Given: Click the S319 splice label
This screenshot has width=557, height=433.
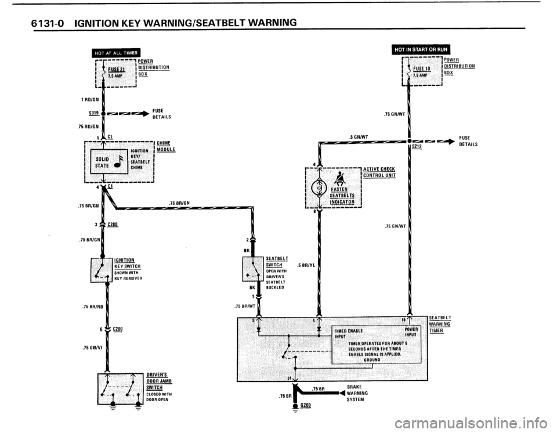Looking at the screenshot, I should click(x=90, y=113).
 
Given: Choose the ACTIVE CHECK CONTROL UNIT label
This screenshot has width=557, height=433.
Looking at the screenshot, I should click(x=379, y=172).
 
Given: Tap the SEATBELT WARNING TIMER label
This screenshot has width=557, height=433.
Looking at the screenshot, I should click(x=440, y=324).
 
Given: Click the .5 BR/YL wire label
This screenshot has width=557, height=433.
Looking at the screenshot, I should click(x=305, y=265).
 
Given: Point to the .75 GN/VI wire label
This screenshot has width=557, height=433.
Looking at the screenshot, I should click(x=92, y=348).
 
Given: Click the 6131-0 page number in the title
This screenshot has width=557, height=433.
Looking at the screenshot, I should click(x=49, y=23).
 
